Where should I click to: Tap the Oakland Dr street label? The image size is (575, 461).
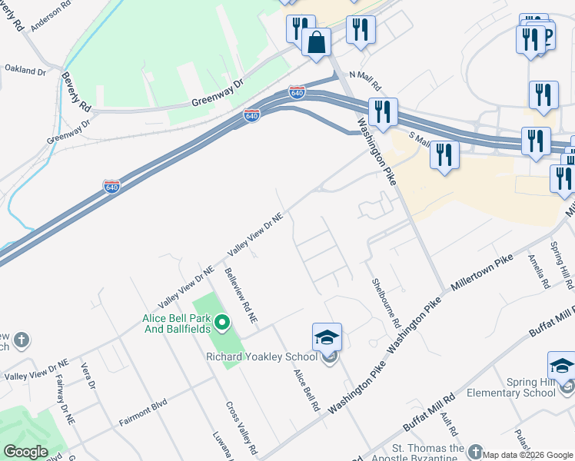click(25, 70)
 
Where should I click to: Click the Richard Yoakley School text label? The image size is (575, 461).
click(261, 357)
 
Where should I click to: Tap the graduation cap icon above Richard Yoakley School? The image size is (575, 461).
click(327, 337)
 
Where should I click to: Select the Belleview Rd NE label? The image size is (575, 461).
click(241, 294)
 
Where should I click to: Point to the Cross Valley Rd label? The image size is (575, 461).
click(241, 427)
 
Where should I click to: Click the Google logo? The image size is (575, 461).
click(25, 452)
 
